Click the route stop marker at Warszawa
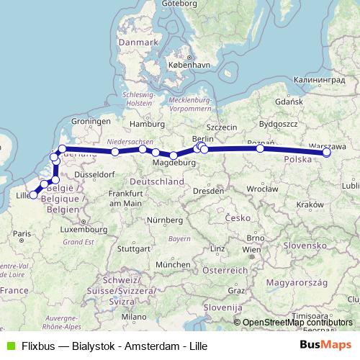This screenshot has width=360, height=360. coord(327,153)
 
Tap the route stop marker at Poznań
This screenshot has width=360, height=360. coord(260,149)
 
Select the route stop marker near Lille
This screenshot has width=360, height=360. coord(33,195)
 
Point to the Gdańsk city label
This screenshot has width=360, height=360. coord(307,102)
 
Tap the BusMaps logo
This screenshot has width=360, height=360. coord(325,346)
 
